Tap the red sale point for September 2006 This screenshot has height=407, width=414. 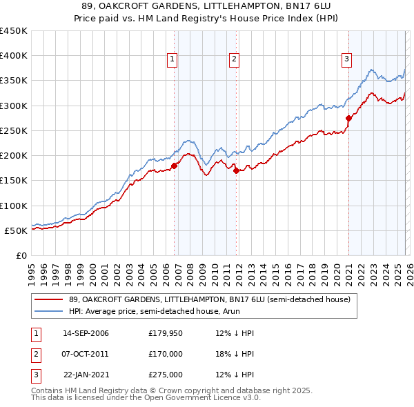(x=174, y=166)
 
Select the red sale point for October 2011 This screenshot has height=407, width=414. (x=236, y=170)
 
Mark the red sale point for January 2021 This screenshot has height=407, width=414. (x=348, y=118)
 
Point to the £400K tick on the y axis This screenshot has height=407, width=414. (x=14, y=56)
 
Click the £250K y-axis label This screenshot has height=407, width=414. (x=14, y=130)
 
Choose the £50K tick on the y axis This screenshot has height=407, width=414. (x=17, y=230)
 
